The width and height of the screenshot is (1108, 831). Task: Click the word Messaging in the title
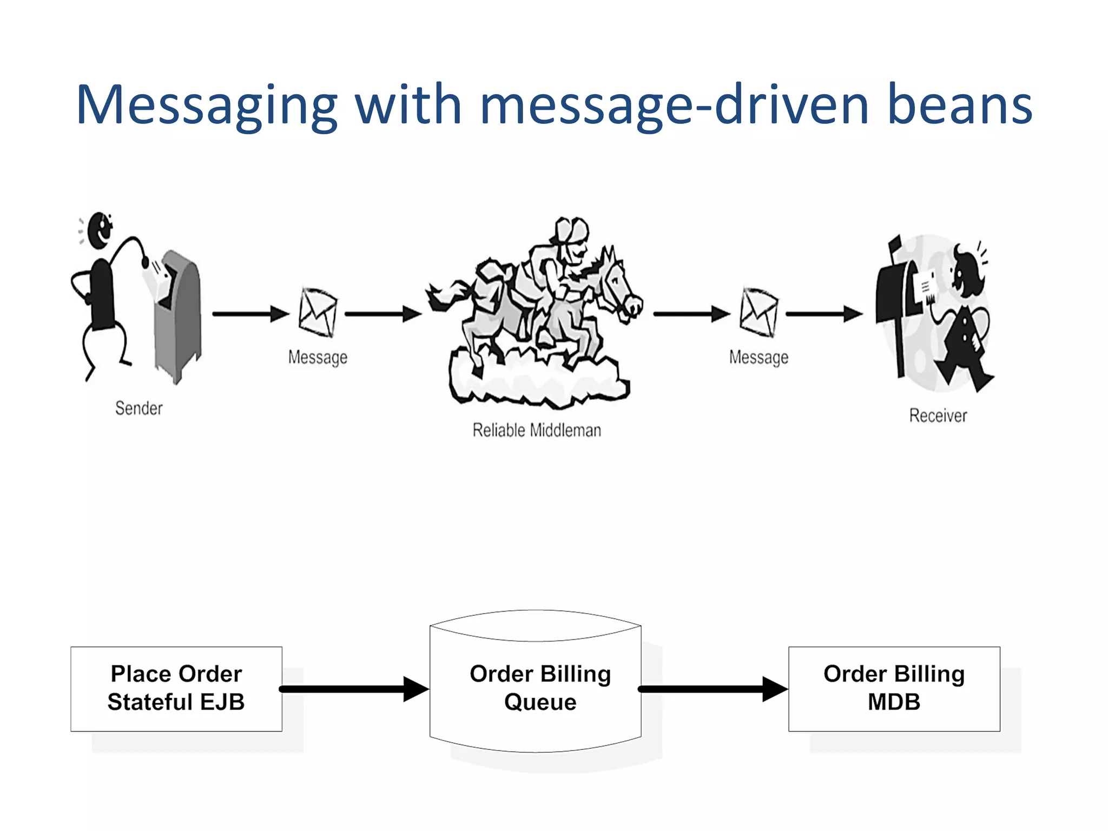[x=207, y=105]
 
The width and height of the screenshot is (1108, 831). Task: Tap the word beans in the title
[x=960, y=105]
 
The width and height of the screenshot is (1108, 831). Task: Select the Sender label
[x=138, y=408]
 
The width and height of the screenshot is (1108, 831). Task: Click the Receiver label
[x=938, y=415]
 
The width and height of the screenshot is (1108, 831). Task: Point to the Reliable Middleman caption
[x=537, y=430]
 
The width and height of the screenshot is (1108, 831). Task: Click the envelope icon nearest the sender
[x=318, y=313]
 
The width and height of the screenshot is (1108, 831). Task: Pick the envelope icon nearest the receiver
[x=759, y=313]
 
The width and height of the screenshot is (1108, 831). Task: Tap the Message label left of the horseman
[x=318, y=357]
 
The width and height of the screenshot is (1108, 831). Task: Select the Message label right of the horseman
[x=759, y=357]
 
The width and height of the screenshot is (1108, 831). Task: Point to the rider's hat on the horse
[x=571, y=230]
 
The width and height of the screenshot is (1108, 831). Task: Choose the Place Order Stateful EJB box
[x=176, y=689]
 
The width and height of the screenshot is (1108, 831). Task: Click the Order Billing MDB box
[x=894, y=689]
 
